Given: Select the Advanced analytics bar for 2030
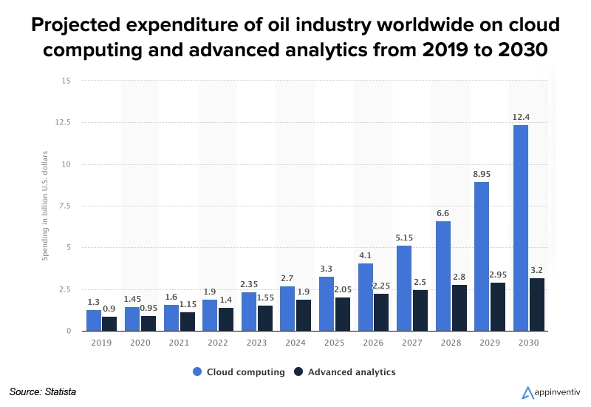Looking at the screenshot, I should click(x=536, y=304).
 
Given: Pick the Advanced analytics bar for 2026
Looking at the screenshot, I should click(x=381, y=312).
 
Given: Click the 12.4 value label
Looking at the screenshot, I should click(x=520, y=116).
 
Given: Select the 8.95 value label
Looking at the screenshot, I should click(x=481, y=173).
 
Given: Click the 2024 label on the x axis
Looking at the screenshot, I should click(x=295, y=343).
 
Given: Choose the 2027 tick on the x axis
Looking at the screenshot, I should click(x=411, y=343).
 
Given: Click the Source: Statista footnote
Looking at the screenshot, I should click(x=43, y=391).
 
